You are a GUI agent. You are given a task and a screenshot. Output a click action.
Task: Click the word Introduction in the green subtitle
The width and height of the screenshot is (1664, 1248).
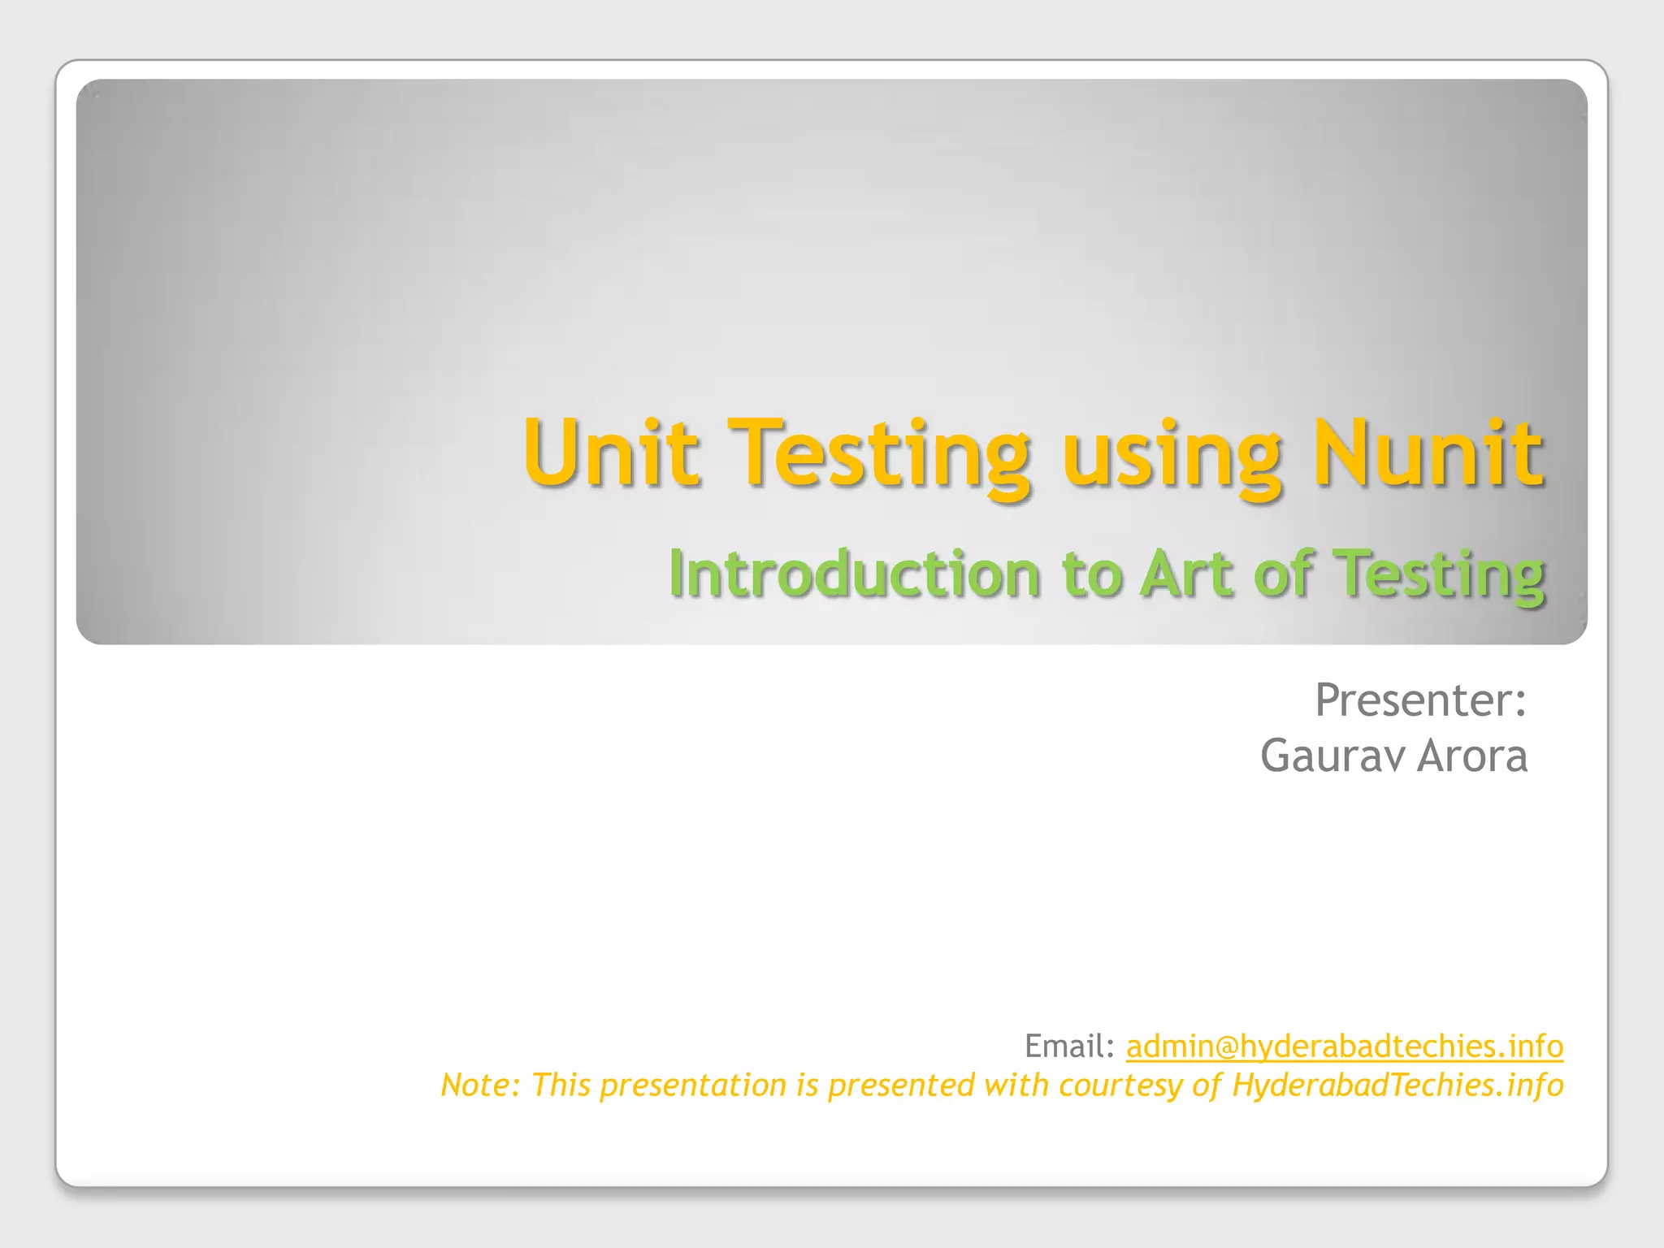854,574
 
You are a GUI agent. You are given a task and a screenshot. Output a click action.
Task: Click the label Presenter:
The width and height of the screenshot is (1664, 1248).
1420,700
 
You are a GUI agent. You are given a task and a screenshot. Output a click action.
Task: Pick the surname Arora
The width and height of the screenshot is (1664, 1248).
1472,756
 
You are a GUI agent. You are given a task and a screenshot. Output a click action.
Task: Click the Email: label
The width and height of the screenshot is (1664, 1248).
1069,1046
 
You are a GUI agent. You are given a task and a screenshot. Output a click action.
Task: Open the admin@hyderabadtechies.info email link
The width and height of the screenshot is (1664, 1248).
1344,1046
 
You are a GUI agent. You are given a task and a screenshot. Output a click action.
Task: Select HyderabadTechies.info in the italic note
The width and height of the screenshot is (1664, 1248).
1397,1085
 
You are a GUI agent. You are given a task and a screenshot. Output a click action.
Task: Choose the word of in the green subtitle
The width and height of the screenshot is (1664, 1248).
1284,574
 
